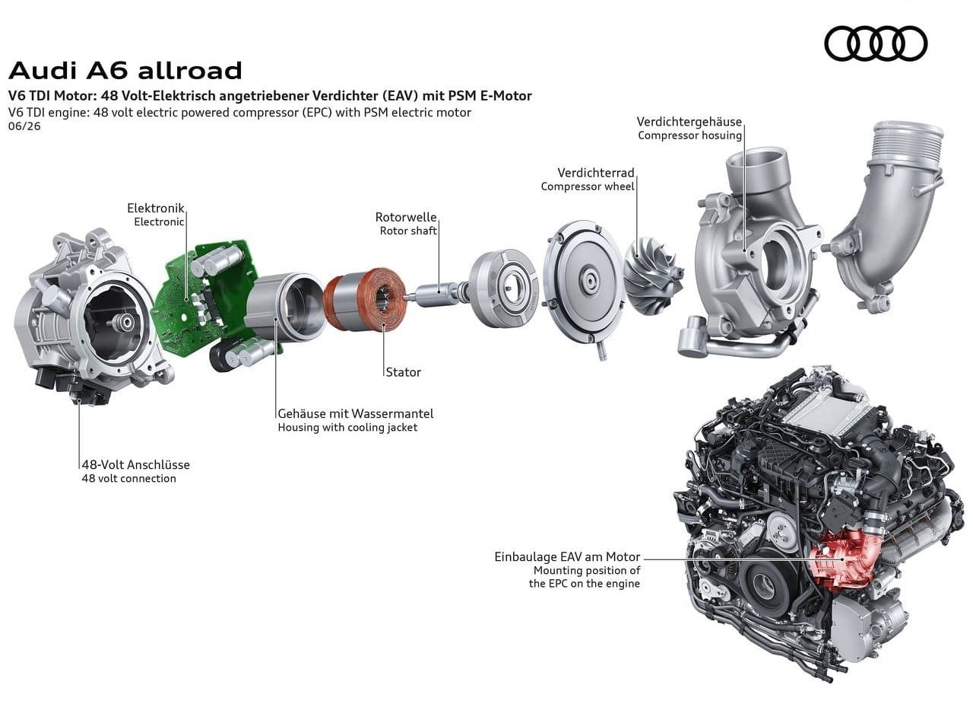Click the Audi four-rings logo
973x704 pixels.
point(876,43)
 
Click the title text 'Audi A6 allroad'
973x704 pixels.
point(125,71)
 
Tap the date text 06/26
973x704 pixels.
point(24,126)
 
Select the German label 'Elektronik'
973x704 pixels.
point(156,208)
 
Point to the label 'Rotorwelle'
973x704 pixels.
point(406,217)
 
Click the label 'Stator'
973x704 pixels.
point(403,372)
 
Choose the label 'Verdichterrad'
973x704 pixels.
point(596,173)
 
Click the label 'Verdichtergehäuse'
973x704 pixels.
point(689,122)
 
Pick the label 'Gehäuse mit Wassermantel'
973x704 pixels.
point(355,413)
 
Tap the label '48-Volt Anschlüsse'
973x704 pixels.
point(135,465)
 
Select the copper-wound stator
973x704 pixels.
point(365,299)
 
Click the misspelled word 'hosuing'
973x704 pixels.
point(721,135)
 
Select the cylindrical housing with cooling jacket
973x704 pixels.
point(285,307)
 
